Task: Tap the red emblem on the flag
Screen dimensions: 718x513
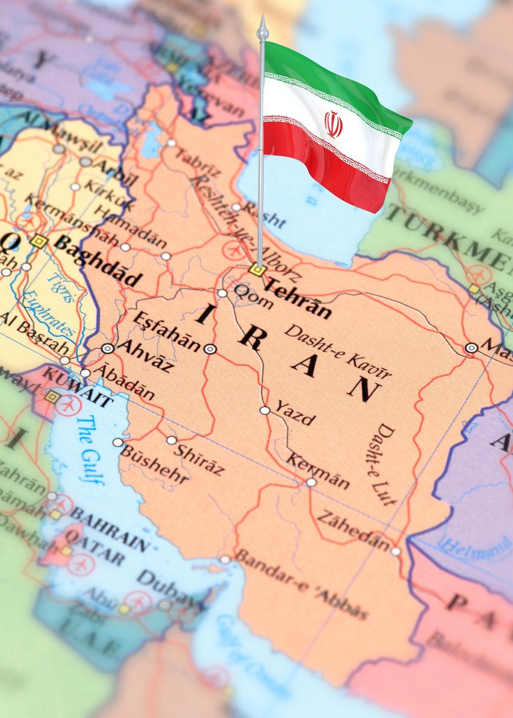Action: pos(333,124)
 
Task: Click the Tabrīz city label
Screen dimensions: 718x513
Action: pos(198,162)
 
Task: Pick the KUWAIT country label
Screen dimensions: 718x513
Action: pos(78,387)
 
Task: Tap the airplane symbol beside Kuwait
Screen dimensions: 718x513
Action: pos(68,404)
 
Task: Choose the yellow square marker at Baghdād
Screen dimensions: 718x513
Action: pos(39,241)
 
